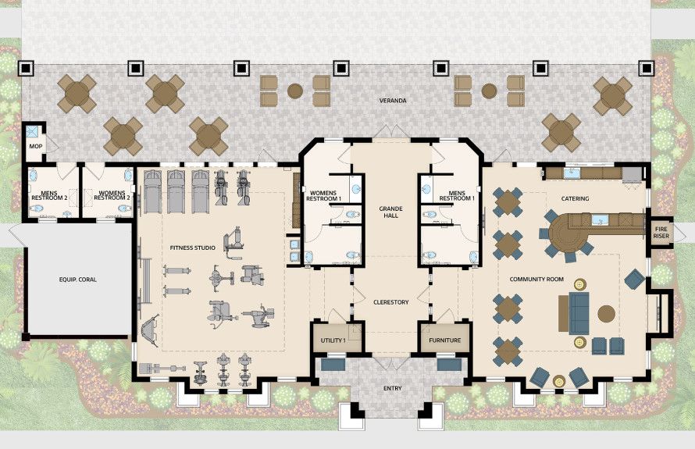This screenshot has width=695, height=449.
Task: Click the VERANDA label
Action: pyautogui.click(x=393, y=101)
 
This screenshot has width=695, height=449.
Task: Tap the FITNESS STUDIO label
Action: pyautogui.click(x=193, y=248)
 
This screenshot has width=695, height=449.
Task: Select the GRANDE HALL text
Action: pyautogui.click(x=390, y=212)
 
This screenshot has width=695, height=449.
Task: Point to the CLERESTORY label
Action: pyautogui.click(x=391, y=302)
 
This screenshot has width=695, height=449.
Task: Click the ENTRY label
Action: pyautogui.click(x=392, y=388)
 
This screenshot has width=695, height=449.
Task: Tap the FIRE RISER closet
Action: pyautogui.click(x=661, y=233)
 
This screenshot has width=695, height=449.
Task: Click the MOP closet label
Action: pyautogui.click(x=36, y=146)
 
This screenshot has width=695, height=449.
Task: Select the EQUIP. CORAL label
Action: pyautogui.click(x=77, y=280)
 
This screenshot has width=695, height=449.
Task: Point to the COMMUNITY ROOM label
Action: pyautogui.click(x=536, y=280)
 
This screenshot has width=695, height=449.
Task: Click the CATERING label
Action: pyautogui.click(x=575, y=198)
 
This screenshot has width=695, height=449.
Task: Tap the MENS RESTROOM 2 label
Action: pyautogui.click(x=49, y=195)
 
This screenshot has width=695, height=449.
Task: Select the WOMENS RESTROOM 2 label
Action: pyautogui.click(x=112, y=195)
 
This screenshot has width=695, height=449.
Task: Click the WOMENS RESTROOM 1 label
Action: pyautogui.click(x=323, y=196)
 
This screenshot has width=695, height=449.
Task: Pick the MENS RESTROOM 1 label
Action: pyautogui.click(x=457, y=196)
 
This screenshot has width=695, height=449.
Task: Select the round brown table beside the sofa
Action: pyautogui.click(x=606, y=313)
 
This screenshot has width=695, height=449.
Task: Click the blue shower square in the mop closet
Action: pyautogui.click(x=32, y=130)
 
